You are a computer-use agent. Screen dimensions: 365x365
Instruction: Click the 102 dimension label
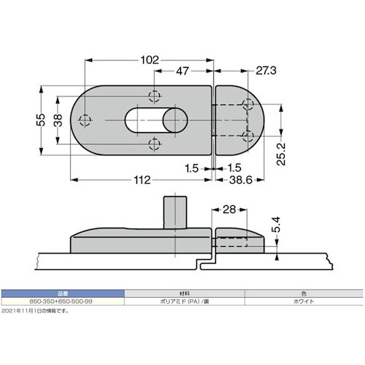click(150, 60)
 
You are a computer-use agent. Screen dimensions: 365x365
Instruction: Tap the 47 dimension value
click(182, 71)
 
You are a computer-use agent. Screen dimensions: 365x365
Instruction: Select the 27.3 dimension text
click(266, 71)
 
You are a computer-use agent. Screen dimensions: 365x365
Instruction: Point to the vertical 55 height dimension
click(41, 120)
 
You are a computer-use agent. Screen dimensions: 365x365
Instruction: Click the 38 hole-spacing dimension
click(58, 120)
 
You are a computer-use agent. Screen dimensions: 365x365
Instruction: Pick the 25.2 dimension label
click(281, 154)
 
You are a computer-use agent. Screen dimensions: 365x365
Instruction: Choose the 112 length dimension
click(142, 180)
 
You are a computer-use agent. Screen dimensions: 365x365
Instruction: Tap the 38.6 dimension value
click(241, 180)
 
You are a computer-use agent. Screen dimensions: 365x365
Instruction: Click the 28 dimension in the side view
click(229, 210)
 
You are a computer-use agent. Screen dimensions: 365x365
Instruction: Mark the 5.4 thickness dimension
click(276, 225)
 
